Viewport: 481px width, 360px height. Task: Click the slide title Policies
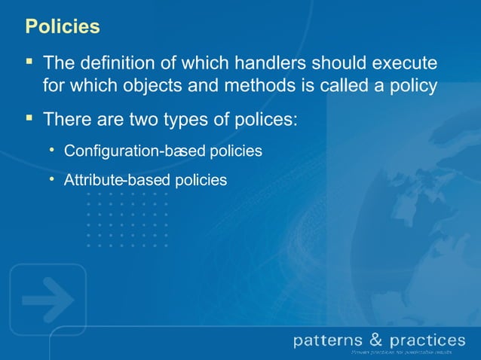[63, 26]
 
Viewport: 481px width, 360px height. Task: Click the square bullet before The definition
[29, 59]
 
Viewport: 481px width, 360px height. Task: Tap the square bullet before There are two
[29, 118]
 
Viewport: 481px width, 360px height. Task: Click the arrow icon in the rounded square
[47, 300]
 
